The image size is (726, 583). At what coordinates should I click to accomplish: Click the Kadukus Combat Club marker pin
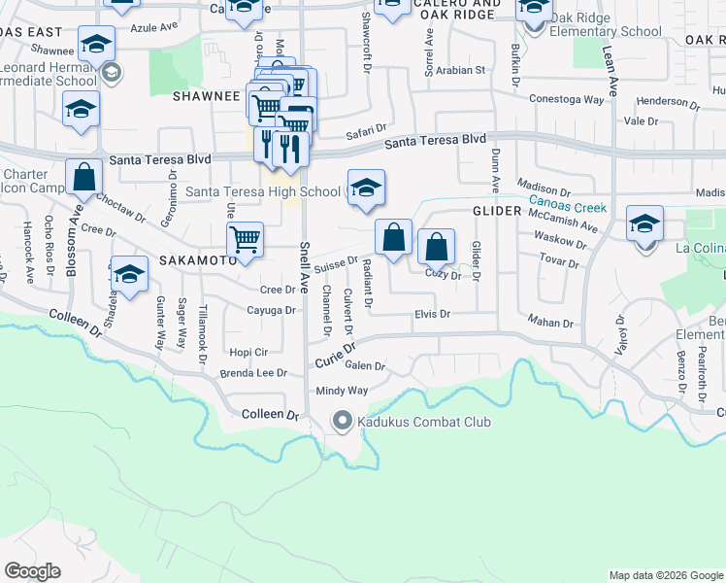coord(342,422)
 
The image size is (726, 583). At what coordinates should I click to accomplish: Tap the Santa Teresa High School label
coord(262,191)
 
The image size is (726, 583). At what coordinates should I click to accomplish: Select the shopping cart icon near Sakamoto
coord(245,239)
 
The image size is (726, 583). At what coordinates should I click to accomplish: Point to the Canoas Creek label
coord(568,207)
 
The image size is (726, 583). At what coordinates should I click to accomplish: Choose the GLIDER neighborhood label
coord(498,211)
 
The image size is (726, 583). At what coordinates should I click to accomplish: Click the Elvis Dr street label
coord(433,314)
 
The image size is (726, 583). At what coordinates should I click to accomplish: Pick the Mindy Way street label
coord(342,391)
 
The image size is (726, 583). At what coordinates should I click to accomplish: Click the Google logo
coord(32,571)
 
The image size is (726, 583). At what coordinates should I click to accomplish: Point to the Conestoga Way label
coord(567,99)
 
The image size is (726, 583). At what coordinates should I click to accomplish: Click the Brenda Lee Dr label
coord(254,373)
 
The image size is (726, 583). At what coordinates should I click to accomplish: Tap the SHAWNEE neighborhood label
coord(206,96)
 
